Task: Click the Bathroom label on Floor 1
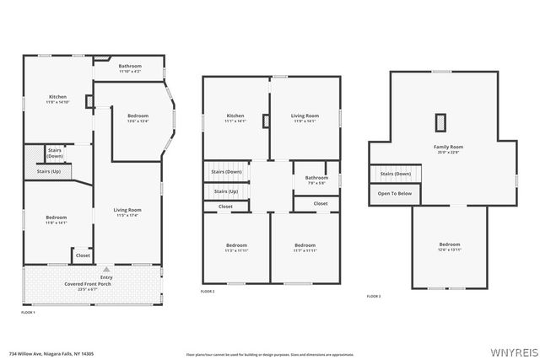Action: tap(130, 67)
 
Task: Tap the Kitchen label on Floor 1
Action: tap(57, 97)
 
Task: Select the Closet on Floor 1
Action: tap(83, 255)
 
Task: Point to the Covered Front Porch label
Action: tap(94, 284)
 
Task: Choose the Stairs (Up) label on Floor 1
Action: tap(48, 171)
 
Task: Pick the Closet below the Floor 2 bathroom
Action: tap(321, 203)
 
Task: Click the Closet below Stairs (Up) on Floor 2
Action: tap(225, 207)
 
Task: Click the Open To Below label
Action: tap(395, 193)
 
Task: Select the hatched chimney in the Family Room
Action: tap(440, 122)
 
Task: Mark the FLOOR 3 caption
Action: tap(374, 296)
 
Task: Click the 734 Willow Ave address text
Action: tap(51, 353)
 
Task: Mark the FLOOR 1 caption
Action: tap(29, 312)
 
